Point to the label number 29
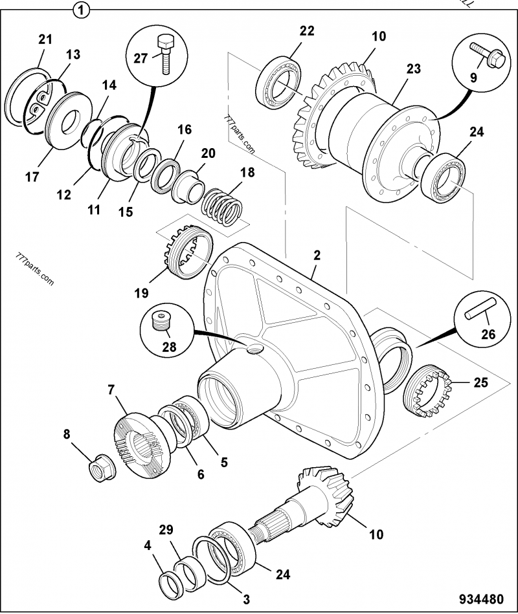point(167,530)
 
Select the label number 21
point(45,39)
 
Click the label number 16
point(185,129)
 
